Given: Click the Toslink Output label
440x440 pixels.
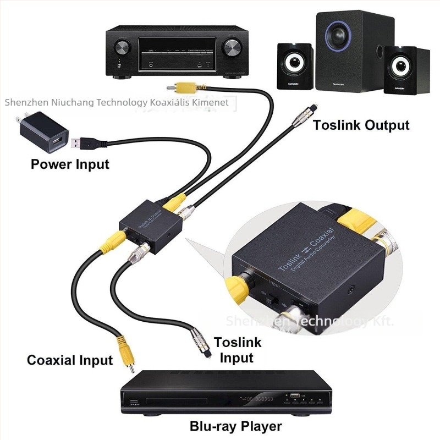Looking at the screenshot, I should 361,125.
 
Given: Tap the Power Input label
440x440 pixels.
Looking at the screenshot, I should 70,164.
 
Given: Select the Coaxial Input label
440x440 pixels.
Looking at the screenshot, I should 70,360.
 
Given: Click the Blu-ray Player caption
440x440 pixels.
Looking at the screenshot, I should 235,426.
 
